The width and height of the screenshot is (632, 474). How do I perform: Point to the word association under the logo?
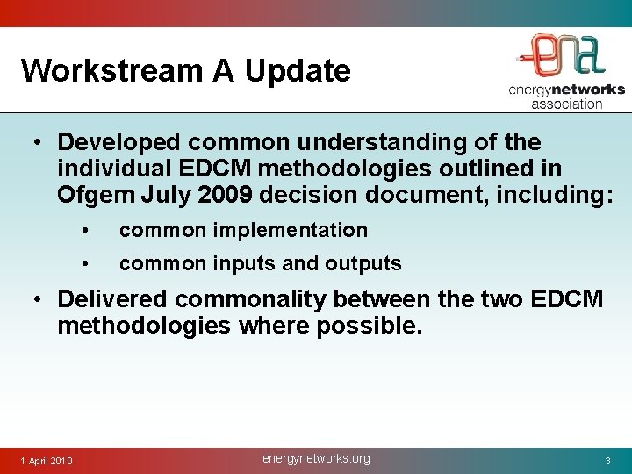click(x=567, y=104)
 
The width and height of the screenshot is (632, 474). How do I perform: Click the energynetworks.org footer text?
click(x=316, y=458)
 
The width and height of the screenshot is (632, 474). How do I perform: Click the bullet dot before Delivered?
click(x=40, y=300)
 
